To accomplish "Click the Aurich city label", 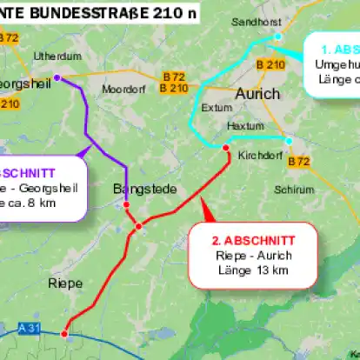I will pos(257,93).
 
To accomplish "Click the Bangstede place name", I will pos(144,189).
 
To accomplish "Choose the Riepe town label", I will pos(65,283).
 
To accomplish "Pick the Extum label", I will pos(217,109).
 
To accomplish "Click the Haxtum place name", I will pos(244,126).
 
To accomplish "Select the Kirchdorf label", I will pos(258,156).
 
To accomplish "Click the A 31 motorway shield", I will pos(29,328).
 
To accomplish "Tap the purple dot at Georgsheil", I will pos(57,77).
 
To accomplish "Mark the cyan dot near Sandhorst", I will pos(277,37).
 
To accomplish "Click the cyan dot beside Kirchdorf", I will pos(289,139).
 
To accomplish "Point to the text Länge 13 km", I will pos(253,270).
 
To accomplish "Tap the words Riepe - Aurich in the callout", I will pos(253,256).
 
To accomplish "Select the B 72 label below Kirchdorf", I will pos(298,161).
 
